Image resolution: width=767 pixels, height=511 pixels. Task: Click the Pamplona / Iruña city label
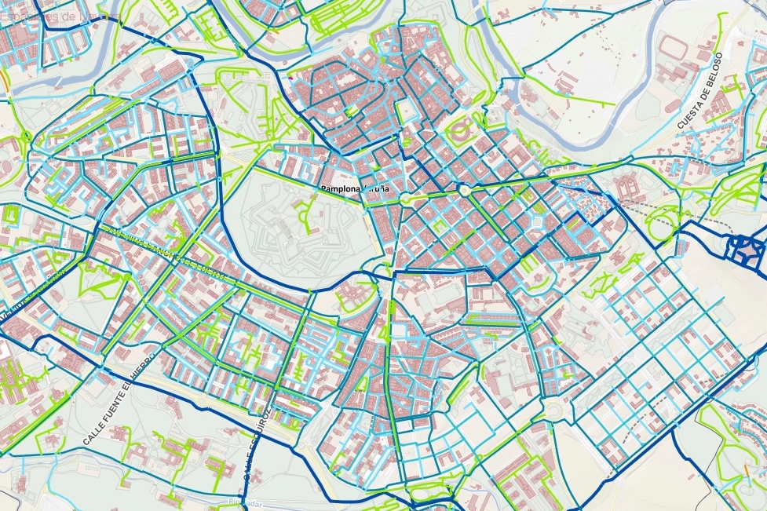tap(354, 189)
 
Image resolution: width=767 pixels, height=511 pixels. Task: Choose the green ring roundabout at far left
tap(25, 137)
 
